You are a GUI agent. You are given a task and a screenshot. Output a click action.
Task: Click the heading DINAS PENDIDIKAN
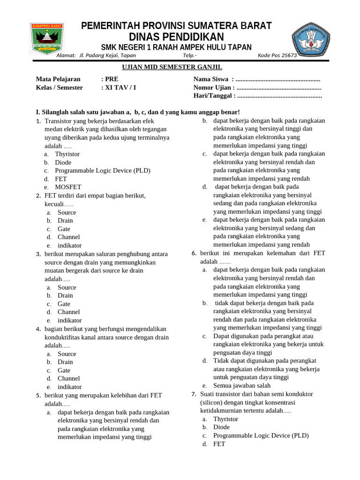coord(176,37)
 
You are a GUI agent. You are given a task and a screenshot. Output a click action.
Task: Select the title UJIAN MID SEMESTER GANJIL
coord(176,67)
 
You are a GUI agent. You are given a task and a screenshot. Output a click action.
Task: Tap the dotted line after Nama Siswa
coord(278,79)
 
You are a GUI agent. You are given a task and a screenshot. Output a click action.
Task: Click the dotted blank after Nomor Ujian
coord(279,88)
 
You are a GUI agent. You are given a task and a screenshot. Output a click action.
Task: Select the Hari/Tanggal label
coord(212,96)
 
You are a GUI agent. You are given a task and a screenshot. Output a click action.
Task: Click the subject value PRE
coord(112,79)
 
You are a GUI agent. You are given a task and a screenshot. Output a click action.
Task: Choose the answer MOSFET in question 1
coord(68,187)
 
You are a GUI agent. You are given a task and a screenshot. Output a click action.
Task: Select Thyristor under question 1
coord(67,154)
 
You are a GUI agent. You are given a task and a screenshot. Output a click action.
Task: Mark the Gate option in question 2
coord(64,229)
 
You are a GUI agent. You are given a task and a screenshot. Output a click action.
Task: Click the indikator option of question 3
coord(69,320)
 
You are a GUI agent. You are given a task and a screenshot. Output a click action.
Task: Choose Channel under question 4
coord(68,378)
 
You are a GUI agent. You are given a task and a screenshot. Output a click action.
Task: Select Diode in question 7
coord(221,427)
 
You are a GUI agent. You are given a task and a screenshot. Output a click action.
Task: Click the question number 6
coord(194,253)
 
